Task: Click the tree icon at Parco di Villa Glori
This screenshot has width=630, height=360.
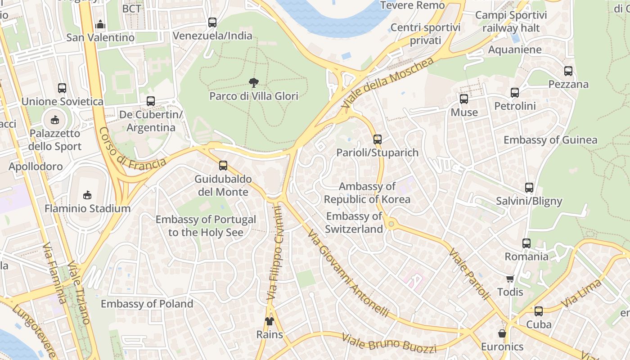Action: [254, 82]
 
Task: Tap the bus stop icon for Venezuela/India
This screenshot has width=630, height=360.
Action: [212, 22]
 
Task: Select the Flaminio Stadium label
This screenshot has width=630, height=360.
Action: [87, 209]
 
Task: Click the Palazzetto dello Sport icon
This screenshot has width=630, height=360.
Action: [55, 120]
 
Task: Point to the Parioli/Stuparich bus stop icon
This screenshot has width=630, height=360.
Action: [378, 139]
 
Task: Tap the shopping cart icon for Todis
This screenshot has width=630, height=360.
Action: [510, 279]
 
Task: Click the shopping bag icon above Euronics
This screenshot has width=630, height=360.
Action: [502, 333]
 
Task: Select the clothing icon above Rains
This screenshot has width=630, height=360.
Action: [269, 321]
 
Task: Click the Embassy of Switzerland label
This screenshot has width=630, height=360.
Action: [354, 222]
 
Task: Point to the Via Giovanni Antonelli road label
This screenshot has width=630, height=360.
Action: [348, 274]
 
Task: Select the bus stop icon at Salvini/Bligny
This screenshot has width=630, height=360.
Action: [529, 188]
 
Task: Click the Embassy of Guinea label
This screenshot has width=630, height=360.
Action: [550, 140]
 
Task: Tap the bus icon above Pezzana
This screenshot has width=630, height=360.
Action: [568, 71]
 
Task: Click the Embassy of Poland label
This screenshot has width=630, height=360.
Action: [147, 304]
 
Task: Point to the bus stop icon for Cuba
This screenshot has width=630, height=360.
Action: [539, 311]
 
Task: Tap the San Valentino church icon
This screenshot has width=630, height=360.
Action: [100, 24]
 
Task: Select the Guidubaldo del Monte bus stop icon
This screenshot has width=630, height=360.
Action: [223, 166]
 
